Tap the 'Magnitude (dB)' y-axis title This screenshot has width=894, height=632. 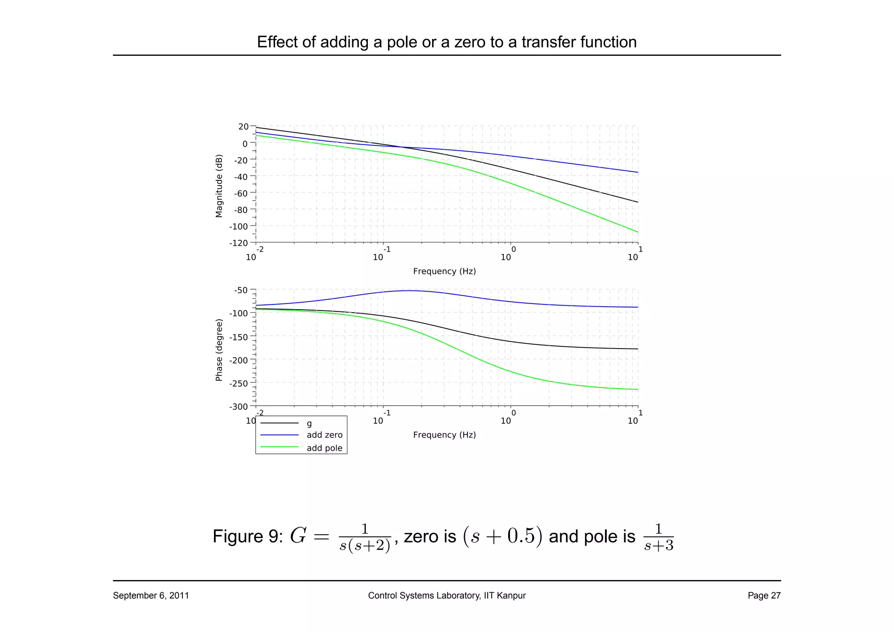(219, 186)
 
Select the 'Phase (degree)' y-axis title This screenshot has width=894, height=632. (219, 350)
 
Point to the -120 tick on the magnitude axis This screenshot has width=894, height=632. (238, 243)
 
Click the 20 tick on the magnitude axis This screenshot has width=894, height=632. (243, 127)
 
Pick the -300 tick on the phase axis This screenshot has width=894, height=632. (238, 407)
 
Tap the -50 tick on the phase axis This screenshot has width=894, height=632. (241, 290)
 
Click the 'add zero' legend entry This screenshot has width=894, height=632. (324, 435)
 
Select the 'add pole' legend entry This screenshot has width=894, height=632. (324, 448)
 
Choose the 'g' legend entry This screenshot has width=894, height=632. (309, 424)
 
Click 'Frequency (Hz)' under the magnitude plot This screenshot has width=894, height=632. (444, 271)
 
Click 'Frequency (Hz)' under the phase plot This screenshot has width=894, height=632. (444, 435)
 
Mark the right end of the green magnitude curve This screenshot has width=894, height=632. (638, 232)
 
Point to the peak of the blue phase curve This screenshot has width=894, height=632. (409, 290)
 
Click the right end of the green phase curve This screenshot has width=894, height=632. (638, 390)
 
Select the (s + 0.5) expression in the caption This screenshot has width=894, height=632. (502, 536)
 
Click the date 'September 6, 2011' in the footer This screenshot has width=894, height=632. (151, 596)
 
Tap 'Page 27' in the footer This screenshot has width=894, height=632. (764, 596)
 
